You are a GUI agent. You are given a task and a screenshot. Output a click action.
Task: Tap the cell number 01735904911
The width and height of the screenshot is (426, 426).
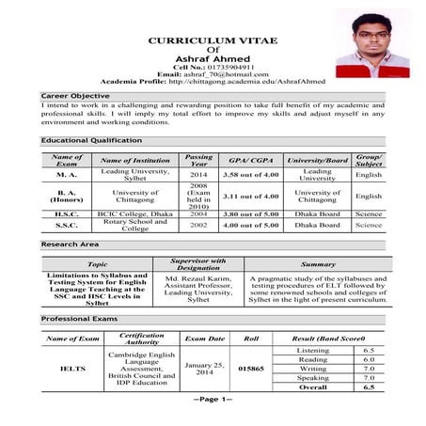pos(222,67)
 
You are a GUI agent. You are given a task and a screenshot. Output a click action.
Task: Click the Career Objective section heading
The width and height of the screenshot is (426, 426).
pos(75,97)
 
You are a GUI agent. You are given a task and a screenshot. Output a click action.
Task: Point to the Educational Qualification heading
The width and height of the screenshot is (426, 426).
pos(91,140)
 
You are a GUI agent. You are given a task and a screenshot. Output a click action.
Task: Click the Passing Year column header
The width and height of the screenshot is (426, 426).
pos(198,160)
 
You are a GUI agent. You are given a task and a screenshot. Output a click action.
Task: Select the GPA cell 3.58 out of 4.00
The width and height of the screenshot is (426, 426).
pos(250,175)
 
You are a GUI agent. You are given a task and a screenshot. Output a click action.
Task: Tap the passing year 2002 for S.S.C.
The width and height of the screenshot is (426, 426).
pos(198,226)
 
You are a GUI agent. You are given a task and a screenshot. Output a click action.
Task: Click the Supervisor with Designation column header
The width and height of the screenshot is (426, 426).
pos(197,264)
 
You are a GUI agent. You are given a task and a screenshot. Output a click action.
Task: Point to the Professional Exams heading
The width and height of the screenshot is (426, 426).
pos(79,320)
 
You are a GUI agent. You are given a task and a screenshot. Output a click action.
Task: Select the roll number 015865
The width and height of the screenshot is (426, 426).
pos(251,369)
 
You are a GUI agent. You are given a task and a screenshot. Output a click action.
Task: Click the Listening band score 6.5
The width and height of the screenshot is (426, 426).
pos(369,350)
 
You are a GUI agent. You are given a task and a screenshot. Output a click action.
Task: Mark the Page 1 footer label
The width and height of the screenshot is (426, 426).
pos(213,399)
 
